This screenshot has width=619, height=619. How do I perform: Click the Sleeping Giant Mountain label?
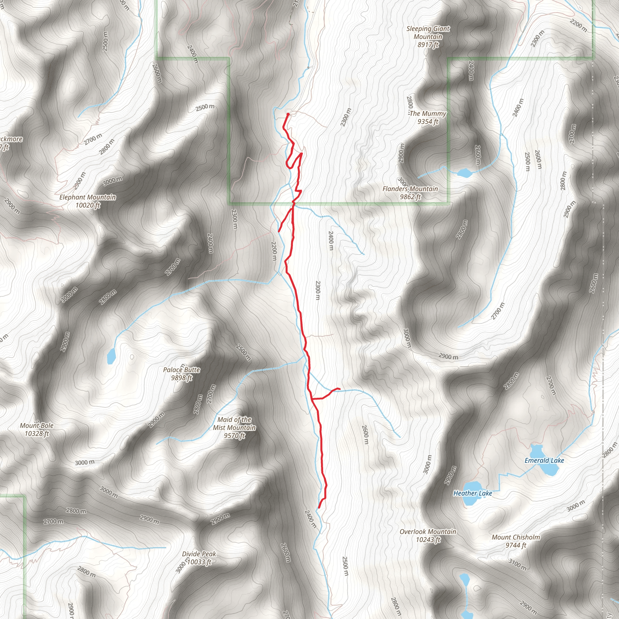tap(428, 37)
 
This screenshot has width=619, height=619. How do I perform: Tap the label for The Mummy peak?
tap(428, 117)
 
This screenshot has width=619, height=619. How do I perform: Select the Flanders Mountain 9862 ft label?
tap(410, 193)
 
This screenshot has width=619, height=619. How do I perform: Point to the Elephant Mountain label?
tap(87, 201)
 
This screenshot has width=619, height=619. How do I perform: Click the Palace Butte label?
tap(181, 374)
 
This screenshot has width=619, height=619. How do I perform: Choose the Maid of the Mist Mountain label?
tap(235, 427)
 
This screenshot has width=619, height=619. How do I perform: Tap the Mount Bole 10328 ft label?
tap(37, 429)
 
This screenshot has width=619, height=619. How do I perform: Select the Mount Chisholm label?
tap(516, 541)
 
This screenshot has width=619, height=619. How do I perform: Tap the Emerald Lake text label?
tap(544, 460)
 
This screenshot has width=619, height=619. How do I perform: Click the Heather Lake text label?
tap(473, 493)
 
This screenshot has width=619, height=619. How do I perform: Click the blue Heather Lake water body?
tap(472, 501)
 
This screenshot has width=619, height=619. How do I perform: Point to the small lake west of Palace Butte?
tap(111, 356)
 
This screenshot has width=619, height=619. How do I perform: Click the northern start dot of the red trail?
tap(288, 114)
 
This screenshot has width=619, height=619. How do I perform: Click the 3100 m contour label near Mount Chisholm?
tap(517, 564)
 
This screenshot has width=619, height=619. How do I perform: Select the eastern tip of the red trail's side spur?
tap(339, 389)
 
